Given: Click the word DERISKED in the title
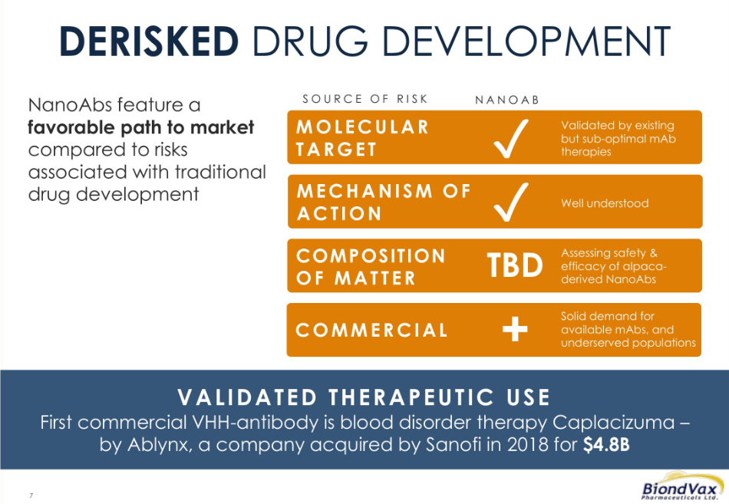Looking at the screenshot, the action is [x=149, y=41].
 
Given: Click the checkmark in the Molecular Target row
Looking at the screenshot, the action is [x=510, y=138].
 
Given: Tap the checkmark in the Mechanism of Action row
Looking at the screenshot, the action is [x=510, y=202].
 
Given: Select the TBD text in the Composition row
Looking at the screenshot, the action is [x=515, y=265].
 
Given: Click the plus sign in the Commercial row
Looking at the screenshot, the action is [x=515, y=329].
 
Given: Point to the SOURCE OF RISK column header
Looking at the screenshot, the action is [x=365, y=99].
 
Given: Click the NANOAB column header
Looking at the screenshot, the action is [x=507, y=100].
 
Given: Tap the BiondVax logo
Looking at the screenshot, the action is [x=681, y=487].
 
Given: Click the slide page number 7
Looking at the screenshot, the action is [x=31, y=495].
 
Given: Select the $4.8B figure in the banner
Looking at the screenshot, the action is [x=606, y=445].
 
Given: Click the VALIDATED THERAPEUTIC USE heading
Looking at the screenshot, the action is [x=364, y=397].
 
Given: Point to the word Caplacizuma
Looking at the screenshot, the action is [x=613, y=423].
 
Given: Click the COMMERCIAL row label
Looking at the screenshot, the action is [x=371, y=330].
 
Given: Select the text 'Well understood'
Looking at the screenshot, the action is [x=605, y=203].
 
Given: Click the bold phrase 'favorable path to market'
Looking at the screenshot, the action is [x=141, y=127].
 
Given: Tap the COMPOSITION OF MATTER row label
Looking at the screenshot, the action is [x=371, y=267].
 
